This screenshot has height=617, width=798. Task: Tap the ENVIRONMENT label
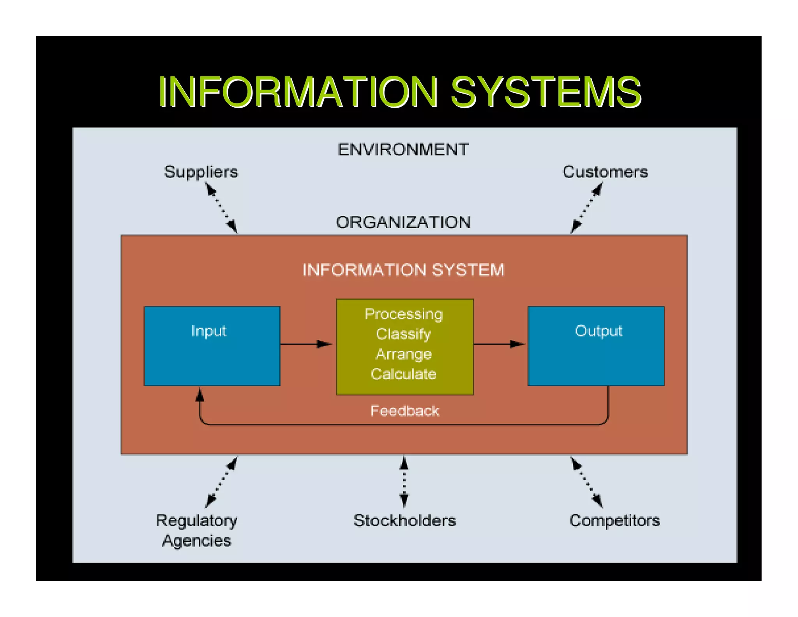[x=403, y=150]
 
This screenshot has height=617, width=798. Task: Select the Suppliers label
[x=201, y=172]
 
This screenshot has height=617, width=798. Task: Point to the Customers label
[x=605, y=172]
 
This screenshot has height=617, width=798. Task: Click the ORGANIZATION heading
[x=403, y=222]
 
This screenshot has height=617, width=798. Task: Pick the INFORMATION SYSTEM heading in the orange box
[x=403, y=270]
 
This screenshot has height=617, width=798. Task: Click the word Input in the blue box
[x=208, y=331]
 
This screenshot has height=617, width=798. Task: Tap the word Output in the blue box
[x=598, y=331]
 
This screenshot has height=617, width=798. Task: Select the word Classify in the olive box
[x=403, y=334]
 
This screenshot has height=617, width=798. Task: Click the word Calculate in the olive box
[x=403, y=374]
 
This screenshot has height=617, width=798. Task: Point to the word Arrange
[x=404, y=354]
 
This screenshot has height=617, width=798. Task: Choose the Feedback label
[x=404, y=411]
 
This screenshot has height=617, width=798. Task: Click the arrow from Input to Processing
[x=306, y=344]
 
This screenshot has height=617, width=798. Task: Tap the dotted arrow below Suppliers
[x=221, y=209]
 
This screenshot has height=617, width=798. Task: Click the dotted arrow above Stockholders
[x=404, y=482]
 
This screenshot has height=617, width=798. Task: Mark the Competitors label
[x=614, y=521]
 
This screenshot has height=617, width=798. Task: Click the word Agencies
[x=197, y=541]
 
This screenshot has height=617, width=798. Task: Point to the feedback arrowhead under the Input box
[x=199, y=395]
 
